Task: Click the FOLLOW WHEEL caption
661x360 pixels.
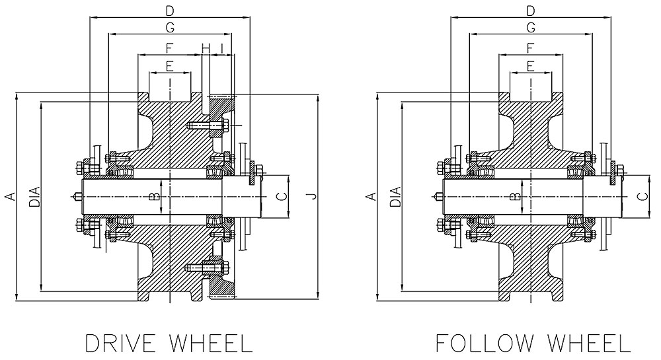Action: [533, 344]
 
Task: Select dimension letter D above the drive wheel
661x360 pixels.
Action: [170, 11]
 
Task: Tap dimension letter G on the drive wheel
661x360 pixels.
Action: [170, 28]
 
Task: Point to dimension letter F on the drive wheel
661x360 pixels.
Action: [170, 48]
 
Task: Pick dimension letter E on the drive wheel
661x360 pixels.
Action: [170, 65]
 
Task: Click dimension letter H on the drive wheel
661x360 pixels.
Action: [206, 48]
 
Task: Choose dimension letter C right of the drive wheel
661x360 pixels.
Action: [280, 196]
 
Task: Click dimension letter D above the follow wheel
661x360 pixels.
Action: [530, 11]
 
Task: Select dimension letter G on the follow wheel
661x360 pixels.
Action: [530, 28]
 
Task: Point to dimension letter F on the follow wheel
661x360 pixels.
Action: [530, 48]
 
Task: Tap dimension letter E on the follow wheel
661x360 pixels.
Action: [530, 65]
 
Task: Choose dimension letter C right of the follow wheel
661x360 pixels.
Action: [641, 196]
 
